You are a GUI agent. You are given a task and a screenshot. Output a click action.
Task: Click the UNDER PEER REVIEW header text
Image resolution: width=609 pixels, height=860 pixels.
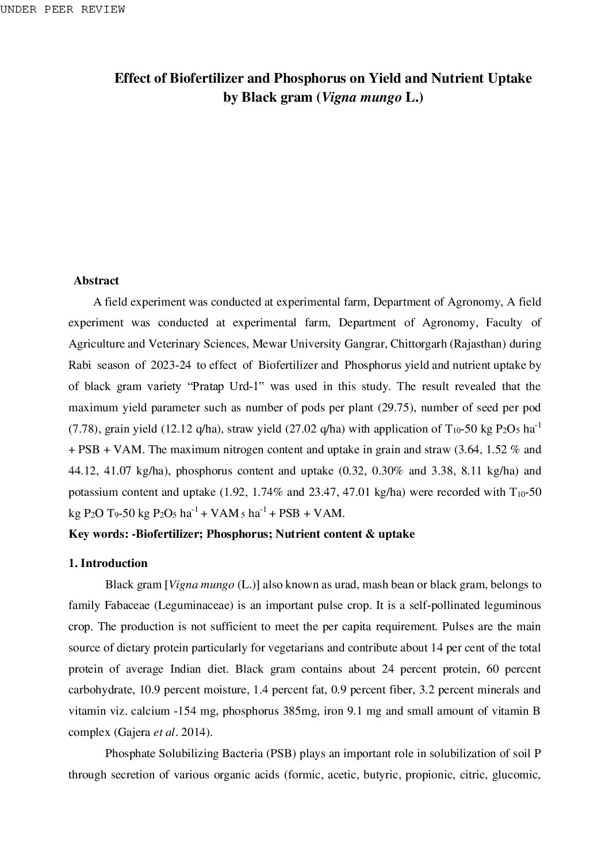[x=63, y=10]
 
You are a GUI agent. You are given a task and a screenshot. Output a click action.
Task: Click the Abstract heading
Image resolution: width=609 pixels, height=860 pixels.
[x=96, y=281]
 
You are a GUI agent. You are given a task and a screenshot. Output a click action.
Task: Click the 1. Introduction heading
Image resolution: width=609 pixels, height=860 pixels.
[x=108, y=564]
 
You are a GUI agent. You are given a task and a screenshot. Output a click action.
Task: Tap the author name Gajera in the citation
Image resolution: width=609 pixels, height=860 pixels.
[x=134, y=732]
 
